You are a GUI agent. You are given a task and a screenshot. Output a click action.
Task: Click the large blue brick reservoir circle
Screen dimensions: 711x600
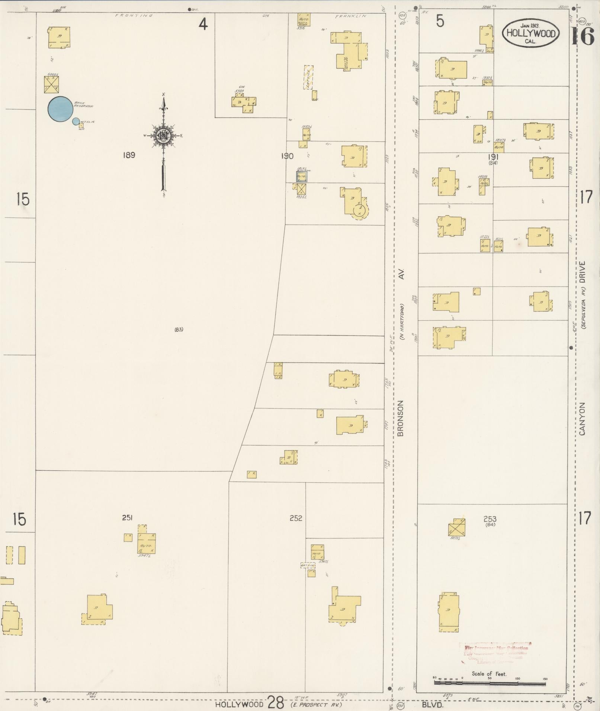60,109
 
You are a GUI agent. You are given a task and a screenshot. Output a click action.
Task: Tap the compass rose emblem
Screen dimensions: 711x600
163,136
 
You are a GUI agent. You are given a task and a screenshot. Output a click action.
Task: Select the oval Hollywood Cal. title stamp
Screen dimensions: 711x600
530,33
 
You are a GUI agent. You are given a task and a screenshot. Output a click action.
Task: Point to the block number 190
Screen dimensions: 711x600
287,156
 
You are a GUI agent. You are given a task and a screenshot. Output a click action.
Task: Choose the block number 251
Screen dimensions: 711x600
127,518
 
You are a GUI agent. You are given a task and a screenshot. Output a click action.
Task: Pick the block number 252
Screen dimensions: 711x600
296,518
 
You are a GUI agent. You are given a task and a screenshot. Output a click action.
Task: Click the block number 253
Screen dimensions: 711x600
490,519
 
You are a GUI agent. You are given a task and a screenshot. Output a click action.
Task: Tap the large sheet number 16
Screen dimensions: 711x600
583,36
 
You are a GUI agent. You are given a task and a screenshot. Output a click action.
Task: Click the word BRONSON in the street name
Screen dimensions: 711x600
400,418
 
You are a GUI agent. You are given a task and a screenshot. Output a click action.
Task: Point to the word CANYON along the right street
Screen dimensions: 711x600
582,418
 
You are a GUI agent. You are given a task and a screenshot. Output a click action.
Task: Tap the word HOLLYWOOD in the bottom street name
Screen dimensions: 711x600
240,704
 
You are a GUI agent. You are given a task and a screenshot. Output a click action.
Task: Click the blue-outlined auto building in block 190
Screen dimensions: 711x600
302,176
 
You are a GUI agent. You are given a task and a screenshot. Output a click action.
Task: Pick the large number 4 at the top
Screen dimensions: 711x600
203,25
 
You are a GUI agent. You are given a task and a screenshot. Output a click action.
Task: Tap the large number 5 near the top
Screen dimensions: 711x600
440,22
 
